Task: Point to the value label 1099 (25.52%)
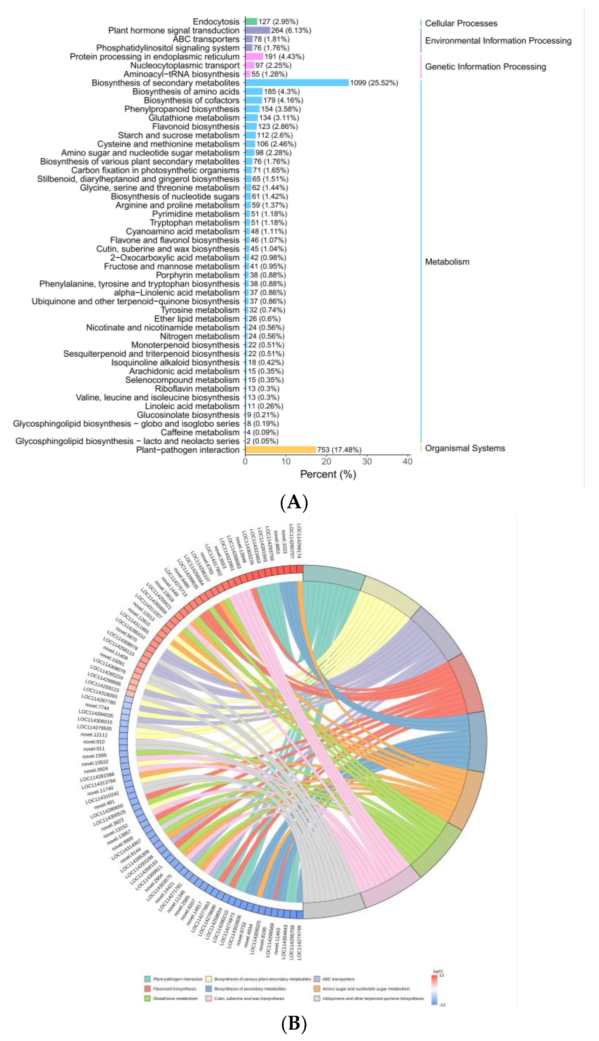pos(374,83)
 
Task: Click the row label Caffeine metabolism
pos(200,432)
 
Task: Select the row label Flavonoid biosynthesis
pos(196,126)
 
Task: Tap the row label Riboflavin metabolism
pos(197,389)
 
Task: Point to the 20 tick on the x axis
pos(326,462)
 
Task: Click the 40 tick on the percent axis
pos(407,462)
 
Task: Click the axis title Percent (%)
pos(328,474)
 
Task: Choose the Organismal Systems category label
pos(465,448)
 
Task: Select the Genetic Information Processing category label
pos(485,67)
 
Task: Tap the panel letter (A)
pos(294,502)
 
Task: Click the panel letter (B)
pos(294,1024)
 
